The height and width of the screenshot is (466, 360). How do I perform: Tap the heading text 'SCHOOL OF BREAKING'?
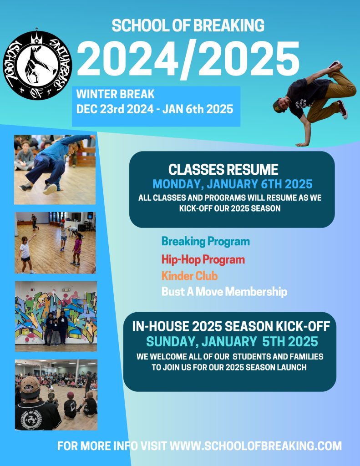tap(188, 25)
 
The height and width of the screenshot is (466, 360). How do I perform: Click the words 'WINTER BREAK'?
tap(115, 94)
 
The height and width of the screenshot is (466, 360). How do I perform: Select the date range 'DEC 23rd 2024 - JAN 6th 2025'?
tap(155, 109)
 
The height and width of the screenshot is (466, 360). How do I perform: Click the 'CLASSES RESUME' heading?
tap(223, 170)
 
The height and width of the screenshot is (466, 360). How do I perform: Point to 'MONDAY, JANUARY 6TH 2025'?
tap(233, 184)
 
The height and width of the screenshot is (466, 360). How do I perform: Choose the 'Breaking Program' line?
tap(205, 241)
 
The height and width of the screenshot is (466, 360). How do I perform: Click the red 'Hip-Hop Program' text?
tap(203, 260)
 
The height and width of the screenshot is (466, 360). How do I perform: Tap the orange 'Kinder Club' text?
tap(189, 276)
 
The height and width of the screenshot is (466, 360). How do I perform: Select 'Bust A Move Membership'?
tap(224, 292)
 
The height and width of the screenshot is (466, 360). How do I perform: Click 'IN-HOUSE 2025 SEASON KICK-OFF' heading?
tap(231, 326)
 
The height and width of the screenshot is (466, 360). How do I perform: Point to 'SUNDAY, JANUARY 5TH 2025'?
tap(232, 341)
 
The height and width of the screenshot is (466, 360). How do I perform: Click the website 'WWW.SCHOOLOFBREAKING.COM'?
tap(255, 446)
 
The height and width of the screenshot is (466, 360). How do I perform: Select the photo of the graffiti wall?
tap(56, 316)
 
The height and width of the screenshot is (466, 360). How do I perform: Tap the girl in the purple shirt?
tap(77, 248)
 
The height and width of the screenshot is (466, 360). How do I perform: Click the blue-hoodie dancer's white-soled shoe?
tap(50, 189)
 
